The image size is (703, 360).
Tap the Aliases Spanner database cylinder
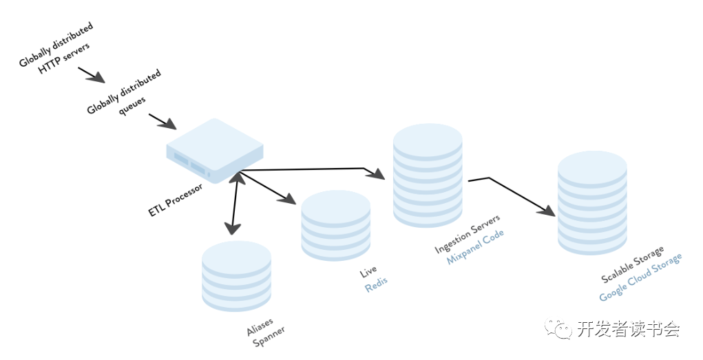236,275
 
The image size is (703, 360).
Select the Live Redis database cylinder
336,225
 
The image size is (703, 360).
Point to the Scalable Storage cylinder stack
591,202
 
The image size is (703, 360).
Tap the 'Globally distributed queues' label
125,94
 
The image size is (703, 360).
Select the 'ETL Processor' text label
176,200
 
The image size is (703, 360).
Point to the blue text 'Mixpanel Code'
476,247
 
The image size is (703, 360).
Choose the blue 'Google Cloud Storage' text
641,277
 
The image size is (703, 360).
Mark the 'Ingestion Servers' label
468,235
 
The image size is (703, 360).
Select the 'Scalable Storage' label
633,263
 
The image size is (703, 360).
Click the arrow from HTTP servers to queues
92,74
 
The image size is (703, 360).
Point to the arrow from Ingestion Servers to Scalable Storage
512,195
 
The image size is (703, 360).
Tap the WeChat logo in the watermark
558,328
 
